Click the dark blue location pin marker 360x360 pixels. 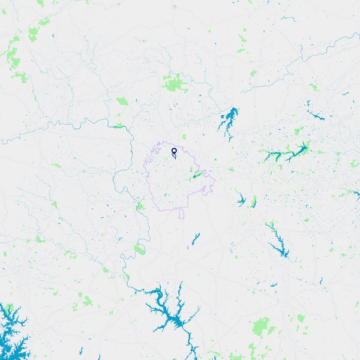[174, 151]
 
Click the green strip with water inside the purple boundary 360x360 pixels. [196, 176]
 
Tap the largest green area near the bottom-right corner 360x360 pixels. [261, 327]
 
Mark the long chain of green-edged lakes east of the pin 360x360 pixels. [285, 153]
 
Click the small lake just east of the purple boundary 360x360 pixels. [241, 200]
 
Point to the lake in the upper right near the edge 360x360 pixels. [314, 113]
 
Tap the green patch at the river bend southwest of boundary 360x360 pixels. [139, 248]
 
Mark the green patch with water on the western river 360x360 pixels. [118, 126]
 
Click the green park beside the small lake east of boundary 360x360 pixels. [253, 201]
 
